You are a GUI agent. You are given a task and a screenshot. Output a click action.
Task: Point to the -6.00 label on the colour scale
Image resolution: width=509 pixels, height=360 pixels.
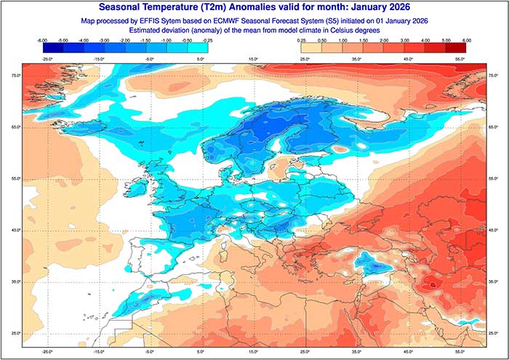click(42, 41)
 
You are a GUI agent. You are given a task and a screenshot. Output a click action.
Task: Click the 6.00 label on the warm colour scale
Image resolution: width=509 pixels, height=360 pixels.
click(466, 41)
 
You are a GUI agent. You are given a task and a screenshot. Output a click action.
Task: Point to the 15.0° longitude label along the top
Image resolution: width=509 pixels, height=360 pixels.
click(253, 57)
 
